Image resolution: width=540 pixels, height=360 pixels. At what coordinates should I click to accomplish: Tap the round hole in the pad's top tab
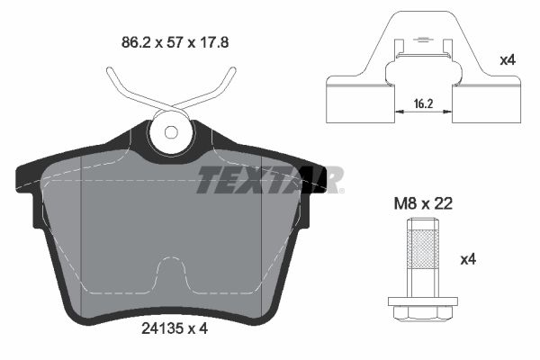(x=170, y=132)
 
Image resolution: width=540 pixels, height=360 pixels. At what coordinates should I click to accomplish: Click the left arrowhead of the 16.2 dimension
(x=399, y=114)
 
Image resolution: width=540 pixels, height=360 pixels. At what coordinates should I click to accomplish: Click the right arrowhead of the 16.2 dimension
(x=450, y=114)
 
